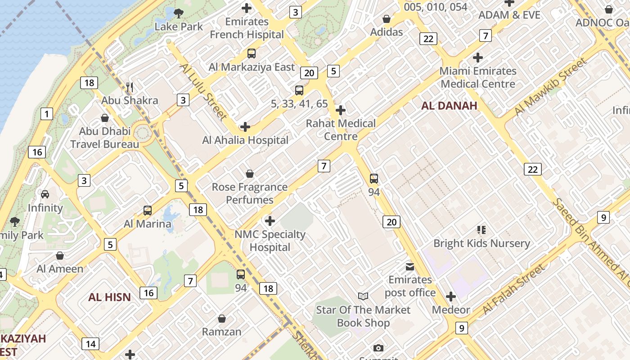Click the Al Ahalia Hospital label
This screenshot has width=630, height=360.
pyautogui.click(x=245, y=140)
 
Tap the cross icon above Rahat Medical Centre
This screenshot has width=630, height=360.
pyautogui.click(x=341, y=110)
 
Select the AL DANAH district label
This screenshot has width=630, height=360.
pyautogui.click(x=449, y=106)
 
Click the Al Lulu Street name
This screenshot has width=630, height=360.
pyautogui.click(x=204, y=91)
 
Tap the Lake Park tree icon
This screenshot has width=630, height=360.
pyautogui.click(x=179, y=13)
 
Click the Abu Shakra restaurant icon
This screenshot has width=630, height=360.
pyautogui.click(x=130, y=87)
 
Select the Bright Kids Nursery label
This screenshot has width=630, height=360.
pyautogui.click(x=481, y=243)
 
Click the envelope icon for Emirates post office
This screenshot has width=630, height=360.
pyautogui.click(x=410, y=266)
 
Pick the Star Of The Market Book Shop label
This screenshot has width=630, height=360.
pyautogui.click(x=363, y=316)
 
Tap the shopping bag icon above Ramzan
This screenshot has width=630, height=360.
pyautogui.click(x=221, y=319)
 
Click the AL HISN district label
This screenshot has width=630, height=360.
pyautogui.click(x=109, y=297)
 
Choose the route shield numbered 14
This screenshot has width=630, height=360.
pyautogui.click(x=90, y=344)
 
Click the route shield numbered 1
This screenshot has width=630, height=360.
pyautogui.click(x=46, y=114)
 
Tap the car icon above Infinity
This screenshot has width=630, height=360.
pyautogui.click(x=45, y=194)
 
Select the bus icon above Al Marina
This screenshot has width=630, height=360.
pyautogui.click(x=147, y=210)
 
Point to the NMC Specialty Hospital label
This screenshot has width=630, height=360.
pyautogui.click(x=270, y=241)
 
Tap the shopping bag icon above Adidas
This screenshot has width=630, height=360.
pyautogui.click(x=386, y=19)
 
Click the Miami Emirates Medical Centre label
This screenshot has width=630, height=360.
pyautogui.click(x=478, y=77)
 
